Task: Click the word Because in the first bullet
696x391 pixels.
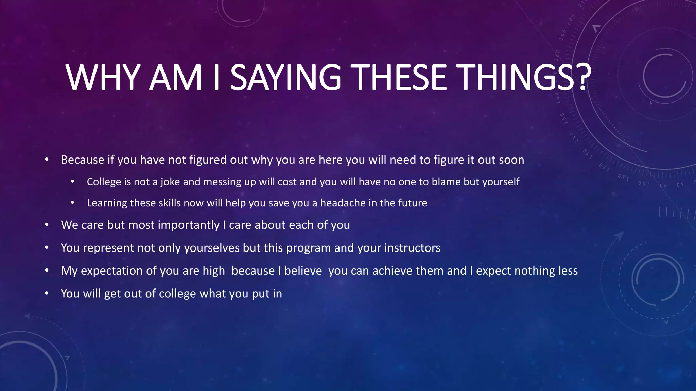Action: [82, 160]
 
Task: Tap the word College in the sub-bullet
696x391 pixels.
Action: [104, 182]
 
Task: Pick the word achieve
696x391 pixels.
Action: [392, 271]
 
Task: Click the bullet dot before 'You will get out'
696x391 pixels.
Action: [47, 293]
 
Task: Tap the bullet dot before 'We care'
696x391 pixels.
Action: [47, 225]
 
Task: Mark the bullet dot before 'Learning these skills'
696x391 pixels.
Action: [72, 203]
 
